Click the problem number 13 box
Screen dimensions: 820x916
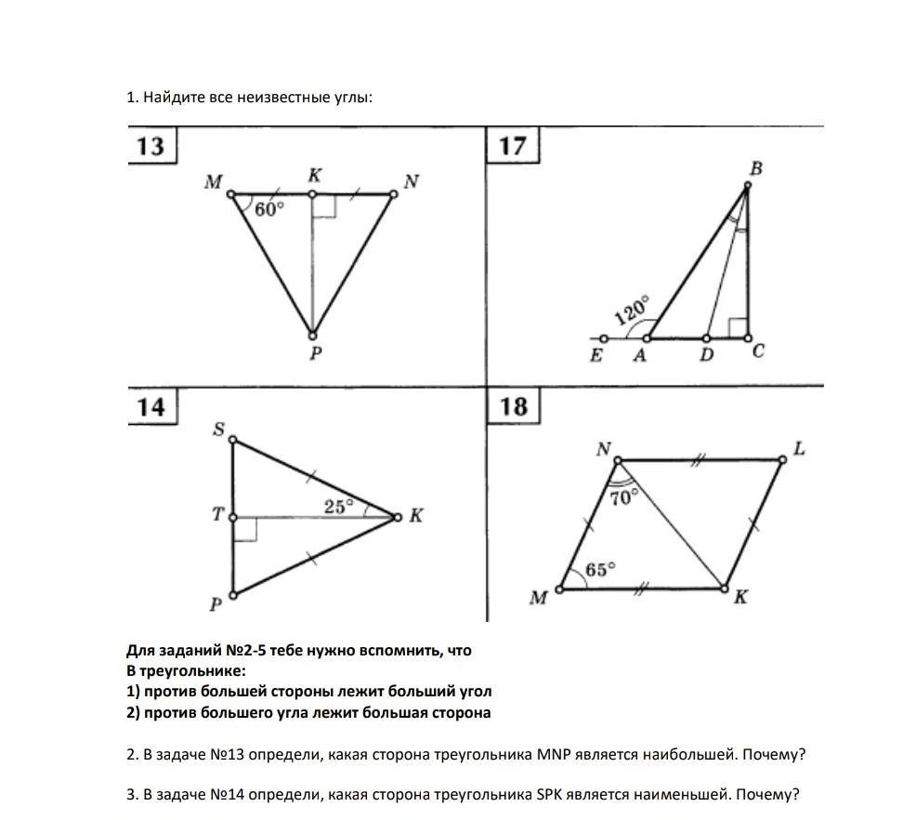click(150, 146)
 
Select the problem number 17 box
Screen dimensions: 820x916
click(512, 146)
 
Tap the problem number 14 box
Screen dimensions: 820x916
click(150, 407)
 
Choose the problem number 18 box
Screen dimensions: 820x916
click(513, 406)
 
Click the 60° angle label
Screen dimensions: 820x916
click(268, 210)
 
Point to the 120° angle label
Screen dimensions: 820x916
click(633, 311)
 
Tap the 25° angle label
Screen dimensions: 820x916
click(339, 507)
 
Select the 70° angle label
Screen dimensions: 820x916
click(623, 496)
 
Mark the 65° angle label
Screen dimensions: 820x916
click(600, 569)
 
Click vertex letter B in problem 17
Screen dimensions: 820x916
click(755, 168)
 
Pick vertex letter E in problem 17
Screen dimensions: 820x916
click(596, 355)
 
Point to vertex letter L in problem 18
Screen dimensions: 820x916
click(798, 450)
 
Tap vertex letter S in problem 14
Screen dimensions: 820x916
click(219, 429)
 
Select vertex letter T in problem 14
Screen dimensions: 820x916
click(217, 514)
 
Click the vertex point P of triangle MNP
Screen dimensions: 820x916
click(313, 336)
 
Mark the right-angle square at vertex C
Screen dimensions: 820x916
click(738, 328)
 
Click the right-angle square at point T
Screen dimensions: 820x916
click(244, 528)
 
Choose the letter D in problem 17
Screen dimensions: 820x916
click(707, 355)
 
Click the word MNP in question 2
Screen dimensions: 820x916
click(555, 754)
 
